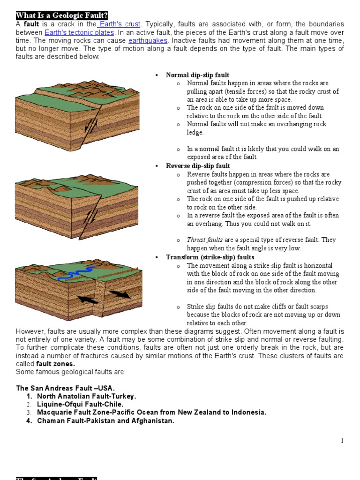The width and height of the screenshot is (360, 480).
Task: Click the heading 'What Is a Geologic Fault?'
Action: click(x=62, y=15)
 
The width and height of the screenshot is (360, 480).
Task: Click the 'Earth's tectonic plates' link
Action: click(x=79, y=32)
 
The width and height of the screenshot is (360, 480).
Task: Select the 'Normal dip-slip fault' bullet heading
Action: click(x=197, y=75)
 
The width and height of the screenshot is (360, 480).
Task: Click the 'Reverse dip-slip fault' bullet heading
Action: click(x=198, y=166)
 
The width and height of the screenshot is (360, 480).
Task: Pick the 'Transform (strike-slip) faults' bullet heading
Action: click(x=210, y=257)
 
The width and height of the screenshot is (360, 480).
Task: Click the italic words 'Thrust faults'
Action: click(x=205, y=240)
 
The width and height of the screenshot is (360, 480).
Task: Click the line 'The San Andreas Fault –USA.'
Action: click(x=65, y=388)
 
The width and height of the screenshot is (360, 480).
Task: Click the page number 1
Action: click(x=342, y=441)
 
